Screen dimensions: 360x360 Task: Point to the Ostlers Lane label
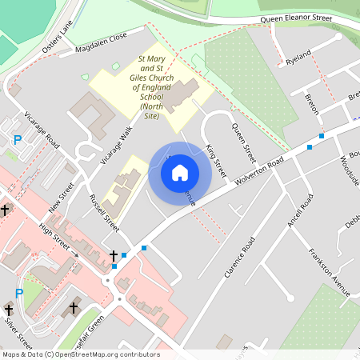pyautogui.click(x=58, y=37)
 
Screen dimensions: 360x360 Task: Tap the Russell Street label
pyautogui.click(x=104, y=213)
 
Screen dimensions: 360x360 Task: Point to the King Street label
pyautogui.click(x=215, y=160)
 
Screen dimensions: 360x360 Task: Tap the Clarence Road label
pyautogui.click(x=239, y=257)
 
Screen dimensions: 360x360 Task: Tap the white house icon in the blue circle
pyautogui.click(x=180, y=172)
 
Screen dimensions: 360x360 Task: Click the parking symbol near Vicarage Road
pyautogui.click(x=18, y=140)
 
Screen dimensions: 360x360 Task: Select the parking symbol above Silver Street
pyautogui.click(x=19, y=294)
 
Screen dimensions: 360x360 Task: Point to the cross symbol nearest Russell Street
pyautogui.click(x=114, y=256)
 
